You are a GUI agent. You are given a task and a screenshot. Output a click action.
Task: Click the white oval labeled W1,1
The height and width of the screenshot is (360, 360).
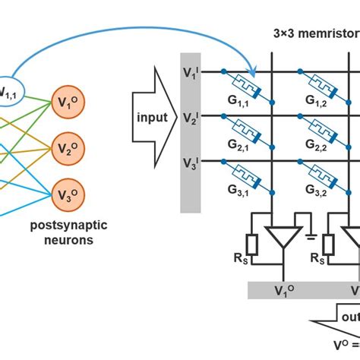(x=11, y=90)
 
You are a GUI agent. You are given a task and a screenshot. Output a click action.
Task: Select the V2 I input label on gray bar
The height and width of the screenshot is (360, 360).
(x=191, y=117)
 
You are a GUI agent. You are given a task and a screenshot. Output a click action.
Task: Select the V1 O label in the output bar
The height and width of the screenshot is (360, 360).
(x=282, y=290)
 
